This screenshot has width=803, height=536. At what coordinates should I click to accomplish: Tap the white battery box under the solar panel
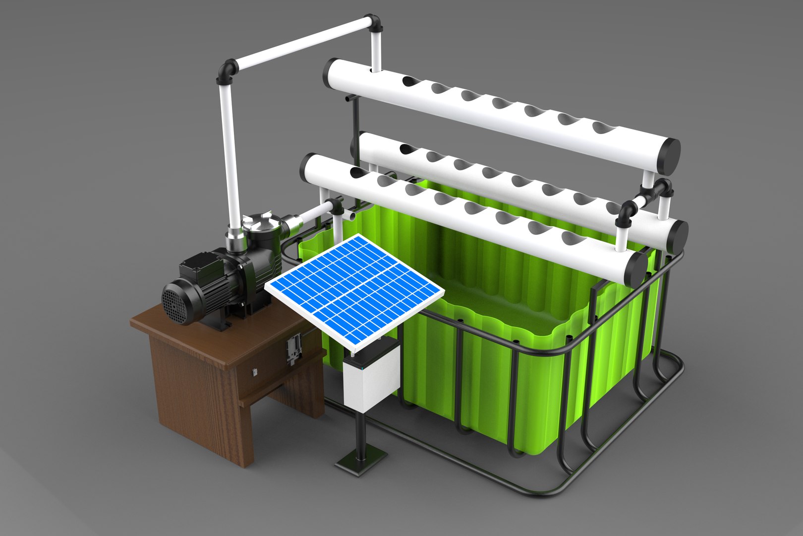point(371,375)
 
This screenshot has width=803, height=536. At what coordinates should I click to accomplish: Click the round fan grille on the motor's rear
point(175,303)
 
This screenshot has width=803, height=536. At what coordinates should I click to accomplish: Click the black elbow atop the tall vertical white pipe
point(227,71)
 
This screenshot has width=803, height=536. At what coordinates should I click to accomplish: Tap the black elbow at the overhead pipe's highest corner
point(375,24)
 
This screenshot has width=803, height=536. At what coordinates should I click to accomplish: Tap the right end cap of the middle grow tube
point(677,236)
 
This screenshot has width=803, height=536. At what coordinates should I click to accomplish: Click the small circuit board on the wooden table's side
point(293,347)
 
